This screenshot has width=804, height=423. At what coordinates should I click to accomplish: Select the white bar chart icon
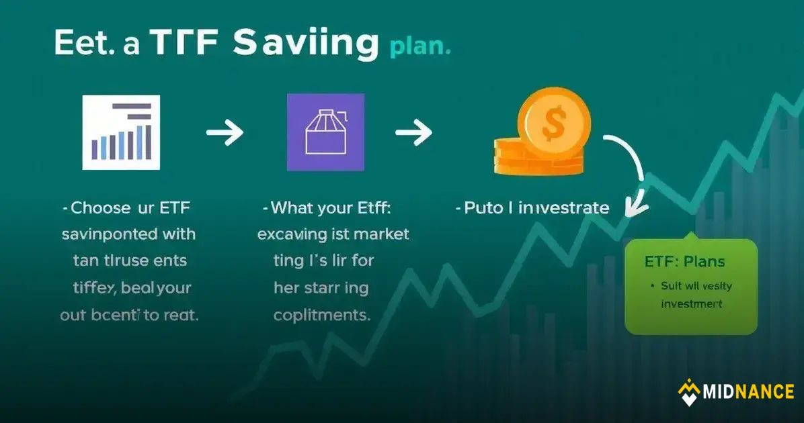121,132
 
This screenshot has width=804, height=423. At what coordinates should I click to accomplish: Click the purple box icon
325,132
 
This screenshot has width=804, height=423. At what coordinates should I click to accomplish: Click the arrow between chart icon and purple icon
225,133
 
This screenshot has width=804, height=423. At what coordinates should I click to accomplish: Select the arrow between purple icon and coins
413,133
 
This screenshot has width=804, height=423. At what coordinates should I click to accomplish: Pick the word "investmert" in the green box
692,303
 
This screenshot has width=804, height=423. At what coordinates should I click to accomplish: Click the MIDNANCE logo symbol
688,392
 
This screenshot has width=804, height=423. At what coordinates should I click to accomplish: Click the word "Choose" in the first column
99,208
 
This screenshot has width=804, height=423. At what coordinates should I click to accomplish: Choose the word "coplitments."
321,315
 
